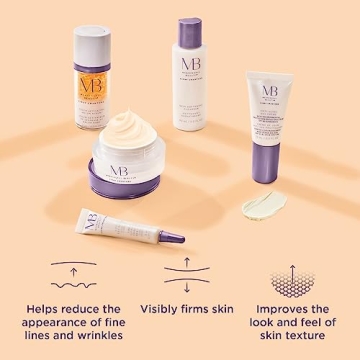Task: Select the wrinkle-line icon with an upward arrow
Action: coord(67,274)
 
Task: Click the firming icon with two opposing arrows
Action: coord(187,274)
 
